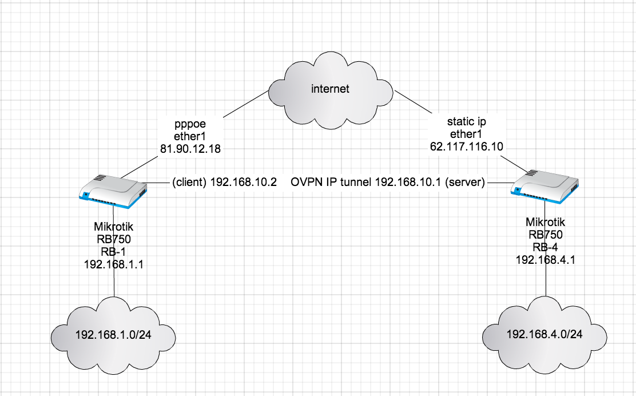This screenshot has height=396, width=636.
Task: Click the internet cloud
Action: pos(329,89)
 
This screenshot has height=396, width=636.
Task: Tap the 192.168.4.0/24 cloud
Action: pos(544,334)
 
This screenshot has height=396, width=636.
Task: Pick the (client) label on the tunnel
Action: pos(189,183)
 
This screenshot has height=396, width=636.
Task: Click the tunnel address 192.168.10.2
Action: pos(244,183)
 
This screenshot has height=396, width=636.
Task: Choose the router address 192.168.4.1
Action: pos(545,259)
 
